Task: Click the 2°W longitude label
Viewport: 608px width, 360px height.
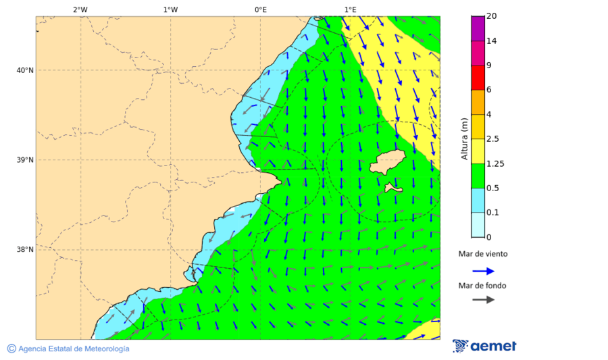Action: [80, 9]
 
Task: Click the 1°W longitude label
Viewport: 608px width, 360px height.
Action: [170, 9]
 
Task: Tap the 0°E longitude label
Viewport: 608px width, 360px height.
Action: [260, 9]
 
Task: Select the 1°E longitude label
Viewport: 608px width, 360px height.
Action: [350, 9]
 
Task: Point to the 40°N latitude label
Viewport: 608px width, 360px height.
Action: [24, 70]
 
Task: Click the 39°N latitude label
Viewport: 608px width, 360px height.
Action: [24, 160]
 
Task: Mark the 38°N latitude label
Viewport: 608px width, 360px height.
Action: [24, 250]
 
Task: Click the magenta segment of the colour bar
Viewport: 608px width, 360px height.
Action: [478, 28]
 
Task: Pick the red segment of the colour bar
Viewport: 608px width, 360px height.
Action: [478, 77]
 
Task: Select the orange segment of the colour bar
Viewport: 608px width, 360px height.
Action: [478, 102]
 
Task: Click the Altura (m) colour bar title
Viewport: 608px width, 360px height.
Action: [464, 138]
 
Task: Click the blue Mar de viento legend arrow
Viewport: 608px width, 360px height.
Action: [483, 271]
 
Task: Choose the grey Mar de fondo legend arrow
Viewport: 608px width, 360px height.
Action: [483, 300]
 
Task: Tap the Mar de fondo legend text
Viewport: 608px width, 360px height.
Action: [482, 286]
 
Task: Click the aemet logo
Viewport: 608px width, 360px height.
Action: [484, 346]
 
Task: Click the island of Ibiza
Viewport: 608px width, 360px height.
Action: [388, 162]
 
